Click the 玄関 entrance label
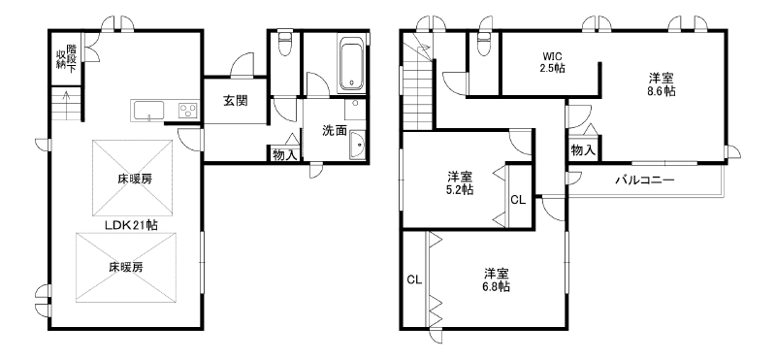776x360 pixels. [235, 102]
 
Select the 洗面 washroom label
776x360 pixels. [335, 131]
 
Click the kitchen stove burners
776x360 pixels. [188, 110]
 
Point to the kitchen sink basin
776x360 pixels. [148, 110]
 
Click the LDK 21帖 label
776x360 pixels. [131, 225]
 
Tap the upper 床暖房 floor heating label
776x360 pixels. [135, 179]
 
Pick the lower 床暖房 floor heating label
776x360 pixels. [126, 268]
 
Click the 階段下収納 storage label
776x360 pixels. [66, 58]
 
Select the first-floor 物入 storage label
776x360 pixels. [284, 154]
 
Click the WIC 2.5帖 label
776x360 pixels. [552, 62]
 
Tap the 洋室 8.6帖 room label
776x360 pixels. [663, 84]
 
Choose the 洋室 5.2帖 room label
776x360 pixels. [460, 182]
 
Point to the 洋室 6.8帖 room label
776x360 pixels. [497, 279]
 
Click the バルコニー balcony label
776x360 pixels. [644, 180]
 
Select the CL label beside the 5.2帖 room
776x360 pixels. [518, 200]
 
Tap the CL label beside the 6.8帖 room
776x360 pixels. [414, 279]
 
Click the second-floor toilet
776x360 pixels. [483, 43]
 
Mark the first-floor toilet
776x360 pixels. [285, 43]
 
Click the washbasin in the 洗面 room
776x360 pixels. [356, 145]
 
